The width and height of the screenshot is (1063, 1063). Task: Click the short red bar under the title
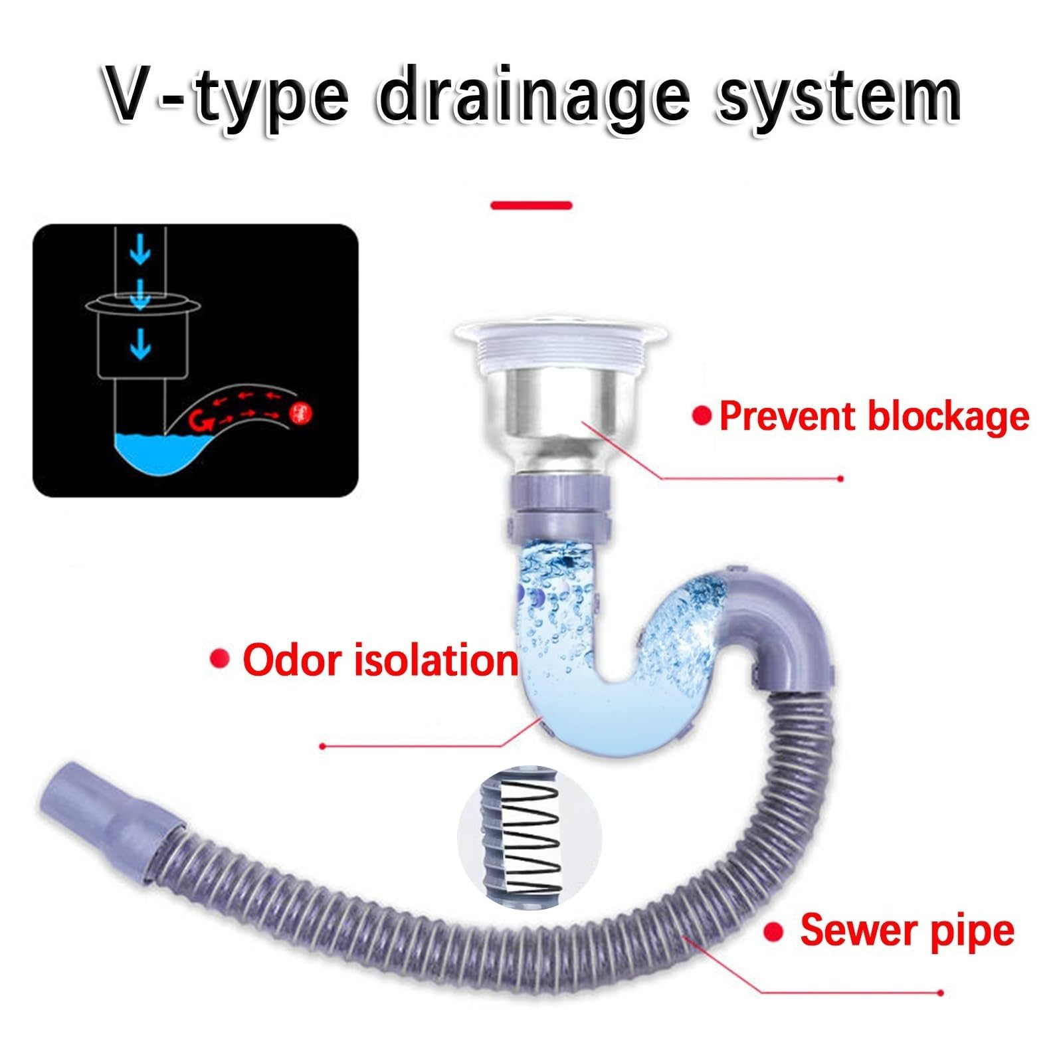click(x=531, y=205)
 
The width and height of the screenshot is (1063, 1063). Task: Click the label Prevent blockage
click(x=874, y=417)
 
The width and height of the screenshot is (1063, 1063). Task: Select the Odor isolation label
click(x=380, y=660)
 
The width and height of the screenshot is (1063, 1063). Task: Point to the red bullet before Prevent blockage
click(x=702, y=417)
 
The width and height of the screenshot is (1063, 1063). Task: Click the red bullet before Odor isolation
click(x=219, y=659)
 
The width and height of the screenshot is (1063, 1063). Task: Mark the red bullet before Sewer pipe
click(x=773, y=932)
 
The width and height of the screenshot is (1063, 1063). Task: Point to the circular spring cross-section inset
click(x=530, y=838)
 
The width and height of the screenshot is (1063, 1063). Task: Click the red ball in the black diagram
click(x=301, y=415)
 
